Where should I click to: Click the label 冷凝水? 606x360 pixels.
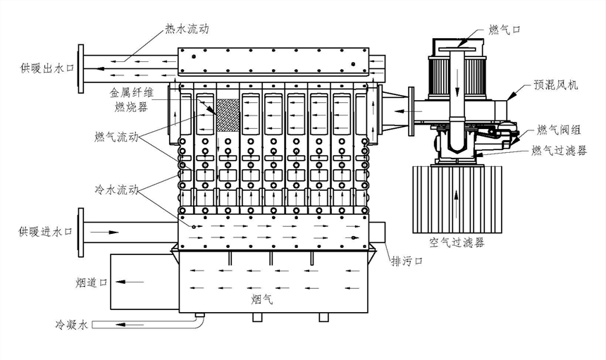[73, 325]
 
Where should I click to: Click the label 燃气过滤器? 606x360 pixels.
[559, 150]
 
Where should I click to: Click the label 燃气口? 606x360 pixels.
[504, 29]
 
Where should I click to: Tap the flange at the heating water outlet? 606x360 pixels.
[82, 68]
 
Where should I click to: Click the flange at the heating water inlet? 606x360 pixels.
[82, 230]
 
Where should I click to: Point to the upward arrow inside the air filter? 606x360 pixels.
[459, 199]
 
